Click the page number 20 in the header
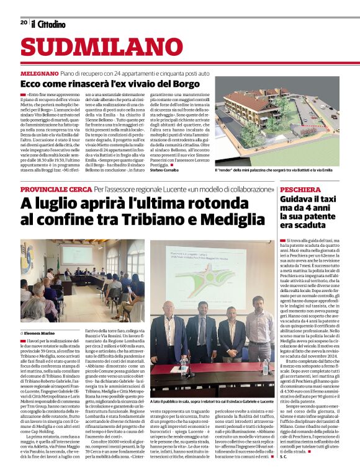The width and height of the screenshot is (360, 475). point(24,22)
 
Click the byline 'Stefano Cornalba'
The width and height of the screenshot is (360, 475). point(181,169)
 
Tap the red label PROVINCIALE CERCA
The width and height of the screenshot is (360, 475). point(56,189)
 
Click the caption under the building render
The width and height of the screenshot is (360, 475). point(274,170)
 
